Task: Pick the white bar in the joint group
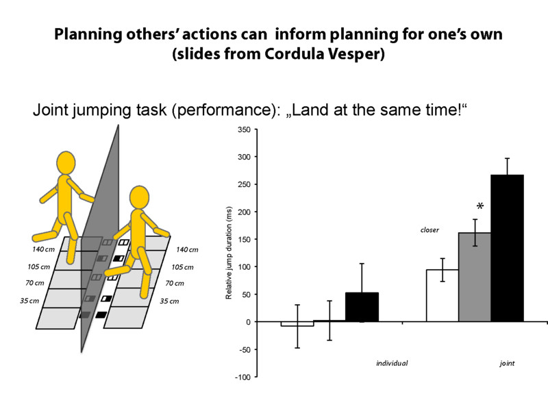click(442, 295)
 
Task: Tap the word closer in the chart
click(429, 230)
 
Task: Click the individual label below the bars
click(392, 362)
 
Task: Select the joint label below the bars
click(507, 362)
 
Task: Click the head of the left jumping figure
click(66, 164)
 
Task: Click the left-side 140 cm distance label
click(44, 249)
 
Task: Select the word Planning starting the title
click(86, 34)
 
